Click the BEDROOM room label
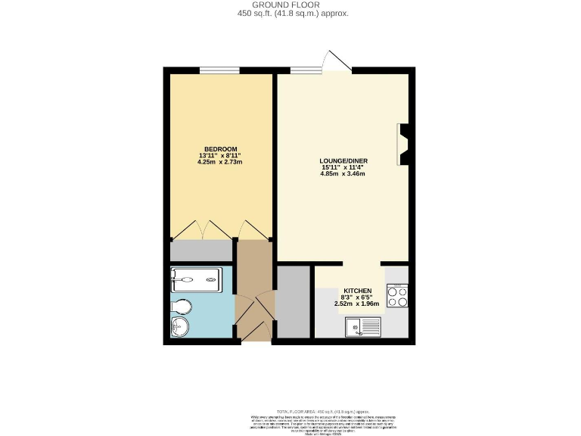(221, 148)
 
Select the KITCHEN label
(358, 291)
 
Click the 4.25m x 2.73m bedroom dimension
(220, 162)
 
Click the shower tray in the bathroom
(196, 279)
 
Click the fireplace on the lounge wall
(402, 144)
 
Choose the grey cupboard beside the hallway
(294, 302)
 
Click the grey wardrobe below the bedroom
(201, 251)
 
